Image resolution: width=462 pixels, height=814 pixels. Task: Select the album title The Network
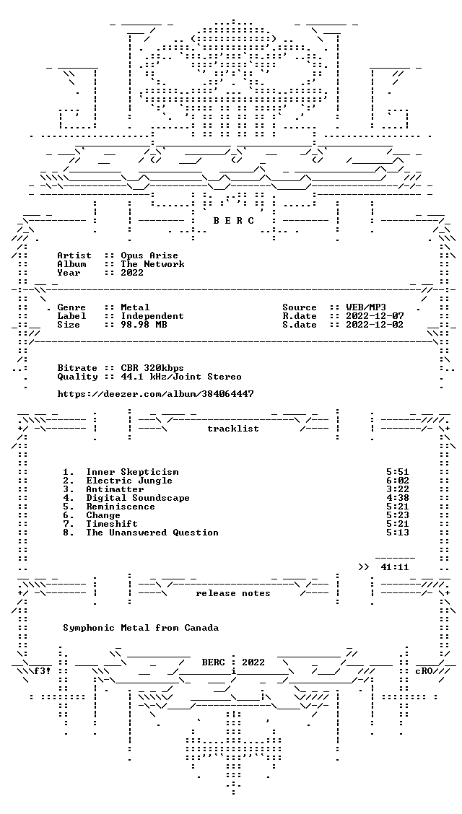(x=152, y=263)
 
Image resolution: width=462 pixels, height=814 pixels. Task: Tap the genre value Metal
(x=135, y=307)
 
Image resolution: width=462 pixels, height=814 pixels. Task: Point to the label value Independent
(x=152, y=315)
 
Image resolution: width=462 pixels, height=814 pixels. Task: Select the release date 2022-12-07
(x=375, y=315)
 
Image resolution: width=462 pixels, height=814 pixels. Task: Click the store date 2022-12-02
(x=375, y=325)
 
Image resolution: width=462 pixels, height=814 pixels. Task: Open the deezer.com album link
(x=156, y=394)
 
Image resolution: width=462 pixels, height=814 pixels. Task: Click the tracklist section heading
(x=233, y=429)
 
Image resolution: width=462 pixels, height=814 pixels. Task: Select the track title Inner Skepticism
(x=132, y=472)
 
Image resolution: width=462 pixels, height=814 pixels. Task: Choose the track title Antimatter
(x=115, y=489)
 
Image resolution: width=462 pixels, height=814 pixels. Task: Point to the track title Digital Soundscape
(x=138, y=498)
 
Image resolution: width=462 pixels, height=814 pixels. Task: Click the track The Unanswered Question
(x=152, y=533)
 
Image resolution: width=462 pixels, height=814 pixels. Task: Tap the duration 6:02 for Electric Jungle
(x=398, y=481)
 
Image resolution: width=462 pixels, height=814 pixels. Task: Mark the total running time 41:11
(x=395, y=567)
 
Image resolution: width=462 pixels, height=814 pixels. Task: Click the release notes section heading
(x=233, y=593)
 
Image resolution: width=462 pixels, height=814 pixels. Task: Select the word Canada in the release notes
(x=201, y=628)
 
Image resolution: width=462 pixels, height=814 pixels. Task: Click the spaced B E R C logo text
(x=234, y=221)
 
